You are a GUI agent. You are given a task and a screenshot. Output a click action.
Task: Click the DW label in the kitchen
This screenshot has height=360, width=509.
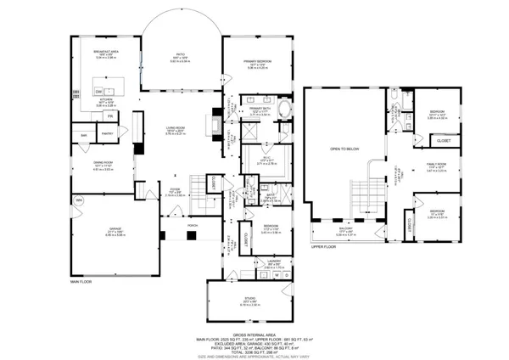point(98,91)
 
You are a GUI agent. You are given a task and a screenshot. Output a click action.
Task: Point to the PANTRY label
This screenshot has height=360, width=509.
point(108,134)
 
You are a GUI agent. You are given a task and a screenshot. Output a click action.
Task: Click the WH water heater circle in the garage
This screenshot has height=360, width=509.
point(79,200)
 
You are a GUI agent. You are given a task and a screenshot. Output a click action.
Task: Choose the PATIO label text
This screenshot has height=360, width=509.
point(180,53)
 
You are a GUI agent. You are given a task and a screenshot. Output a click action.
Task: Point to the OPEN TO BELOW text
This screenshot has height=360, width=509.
point(345,149)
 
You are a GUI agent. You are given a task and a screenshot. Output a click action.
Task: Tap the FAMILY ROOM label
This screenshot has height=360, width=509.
point(436,165)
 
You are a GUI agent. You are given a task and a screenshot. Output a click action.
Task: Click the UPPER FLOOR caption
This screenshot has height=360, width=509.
point(324,246)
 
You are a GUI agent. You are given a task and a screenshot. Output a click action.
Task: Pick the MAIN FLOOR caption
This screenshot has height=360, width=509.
point(82,281)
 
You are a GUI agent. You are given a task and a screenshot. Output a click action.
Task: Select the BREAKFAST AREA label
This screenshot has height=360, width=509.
point(107,53)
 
